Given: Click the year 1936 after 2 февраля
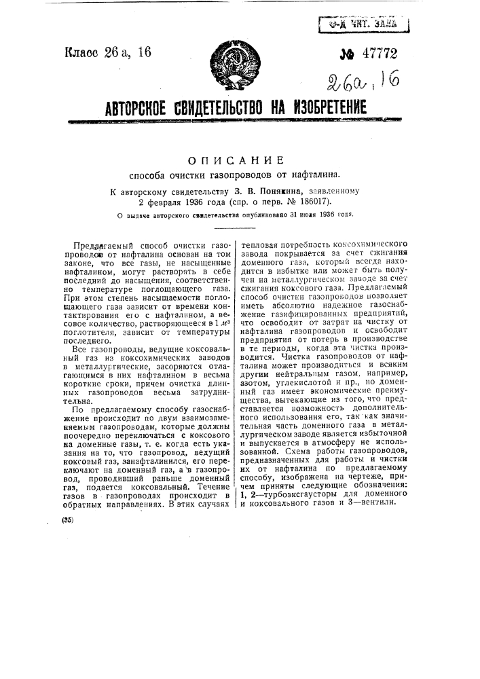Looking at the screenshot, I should point(194,202).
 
